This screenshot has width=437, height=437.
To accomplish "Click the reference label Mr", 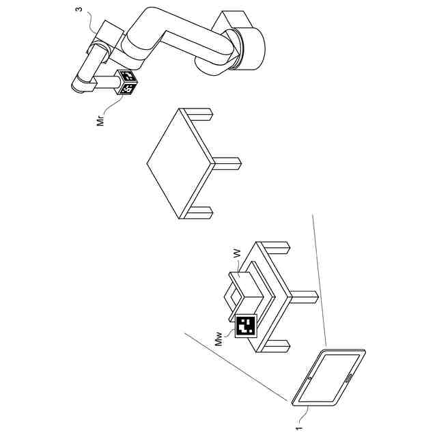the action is coord(100,119).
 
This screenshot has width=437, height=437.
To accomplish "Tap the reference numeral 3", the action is coord(79,9).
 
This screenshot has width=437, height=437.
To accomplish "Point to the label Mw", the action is coord(219,339).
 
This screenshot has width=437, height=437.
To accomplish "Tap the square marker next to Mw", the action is coord(246,326).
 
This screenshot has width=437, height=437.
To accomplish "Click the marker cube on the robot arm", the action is coord(127,82).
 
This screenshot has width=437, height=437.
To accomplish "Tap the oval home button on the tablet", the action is coord(349,378).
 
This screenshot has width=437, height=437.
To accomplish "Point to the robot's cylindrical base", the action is coord(249,48).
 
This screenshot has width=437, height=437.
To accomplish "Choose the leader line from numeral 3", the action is coord(92,22).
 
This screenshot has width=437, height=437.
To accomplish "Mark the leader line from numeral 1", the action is coord(304,414).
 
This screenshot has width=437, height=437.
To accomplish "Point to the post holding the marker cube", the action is coord(107,83).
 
